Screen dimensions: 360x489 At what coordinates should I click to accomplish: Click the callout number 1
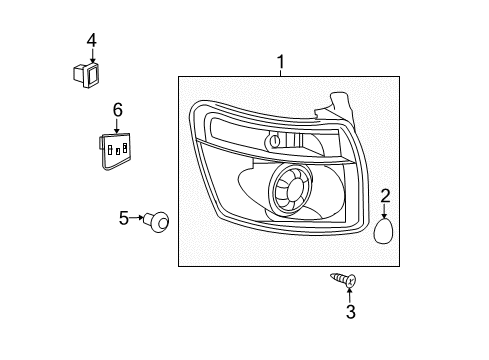pyautogui.click(x=280, y=63)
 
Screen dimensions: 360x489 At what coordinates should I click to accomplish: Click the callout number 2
pyautogui.click(x=384, y=195)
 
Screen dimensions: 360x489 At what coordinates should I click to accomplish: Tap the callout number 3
pyautogui.click(x=350, y=312)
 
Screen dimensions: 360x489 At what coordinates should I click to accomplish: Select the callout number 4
pyautogui.click(x=91, y=41)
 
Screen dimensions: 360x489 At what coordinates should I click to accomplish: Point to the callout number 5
pyautogui.click(x=125, y=216)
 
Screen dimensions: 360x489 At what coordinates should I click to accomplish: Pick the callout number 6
pyautogui.click(x=117, y=109)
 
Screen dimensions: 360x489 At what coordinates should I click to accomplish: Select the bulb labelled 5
pyautogui.click(x=157, y=219)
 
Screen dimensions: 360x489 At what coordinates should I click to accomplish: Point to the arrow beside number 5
pyautogui.click(x=138, y=217)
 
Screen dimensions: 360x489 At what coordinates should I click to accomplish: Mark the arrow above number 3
pyautogui.click(x=350, y=293)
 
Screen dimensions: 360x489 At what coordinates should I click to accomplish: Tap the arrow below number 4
pyautogui.click(x=91, y=55)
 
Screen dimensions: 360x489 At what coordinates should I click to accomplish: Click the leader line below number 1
pyautogui.click(x=280, y=73)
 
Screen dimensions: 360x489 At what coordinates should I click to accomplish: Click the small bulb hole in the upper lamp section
pyautogui.click(x=274, y=143)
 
